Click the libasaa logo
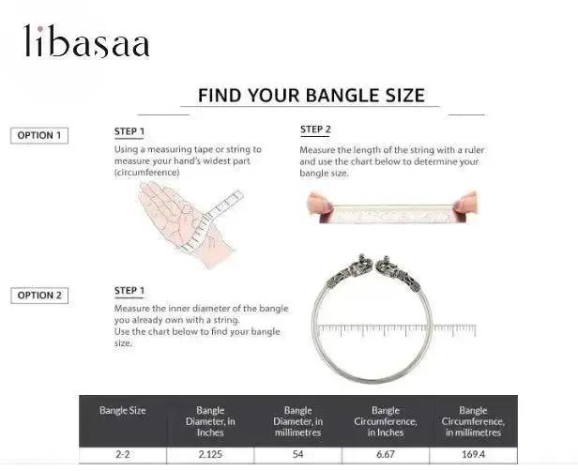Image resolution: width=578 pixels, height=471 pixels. pos(85,41)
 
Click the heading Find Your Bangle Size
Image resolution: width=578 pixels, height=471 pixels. pos(311,96)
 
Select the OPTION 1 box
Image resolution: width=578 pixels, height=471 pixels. pos(38,136)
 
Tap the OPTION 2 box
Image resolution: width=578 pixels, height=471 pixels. pos(38,296)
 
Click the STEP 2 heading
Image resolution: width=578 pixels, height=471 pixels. pos(315,129)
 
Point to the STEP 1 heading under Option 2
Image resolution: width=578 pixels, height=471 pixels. pos(129,291)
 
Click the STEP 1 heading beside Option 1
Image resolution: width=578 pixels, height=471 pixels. pos(129,130)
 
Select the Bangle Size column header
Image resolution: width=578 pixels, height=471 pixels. pos(123,410)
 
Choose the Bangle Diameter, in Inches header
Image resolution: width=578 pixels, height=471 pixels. pos(210,421)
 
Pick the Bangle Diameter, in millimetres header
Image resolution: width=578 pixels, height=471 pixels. pos(297,421)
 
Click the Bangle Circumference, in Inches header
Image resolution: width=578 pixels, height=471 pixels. pos(385,421)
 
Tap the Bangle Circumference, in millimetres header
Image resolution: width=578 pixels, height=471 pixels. pos(473,421)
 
